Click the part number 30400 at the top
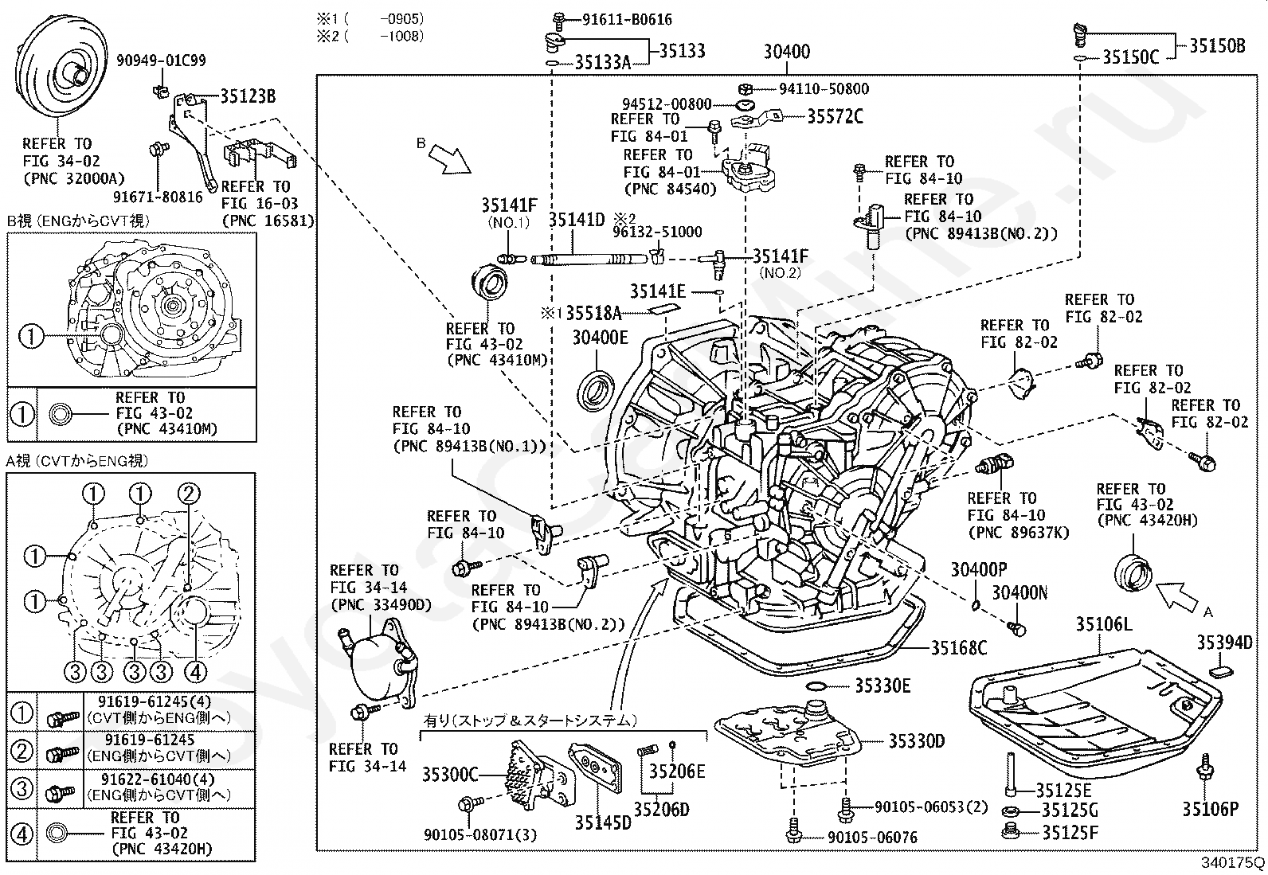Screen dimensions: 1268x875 787,52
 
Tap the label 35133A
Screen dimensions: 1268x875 603,61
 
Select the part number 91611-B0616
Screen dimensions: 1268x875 627,20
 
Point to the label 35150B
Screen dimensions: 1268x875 1217,46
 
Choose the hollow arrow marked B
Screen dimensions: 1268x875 449,159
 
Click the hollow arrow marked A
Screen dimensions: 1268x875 1176,598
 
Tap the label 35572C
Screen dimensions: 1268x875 836,116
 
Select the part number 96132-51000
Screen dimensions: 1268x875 657,232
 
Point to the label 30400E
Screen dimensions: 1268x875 600,338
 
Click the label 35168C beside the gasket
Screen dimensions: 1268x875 959,647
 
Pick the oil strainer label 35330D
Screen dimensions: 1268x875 917,741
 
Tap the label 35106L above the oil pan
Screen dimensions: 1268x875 1104,624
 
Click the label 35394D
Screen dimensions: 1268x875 1224,643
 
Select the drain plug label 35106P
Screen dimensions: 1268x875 1211,810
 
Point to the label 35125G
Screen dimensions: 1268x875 1070,811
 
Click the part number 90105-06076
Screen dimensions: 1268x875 872,838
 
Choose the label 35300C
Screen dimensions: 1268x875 450,774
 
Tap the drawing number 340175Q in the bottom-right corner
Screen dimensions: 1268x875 1233,862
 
